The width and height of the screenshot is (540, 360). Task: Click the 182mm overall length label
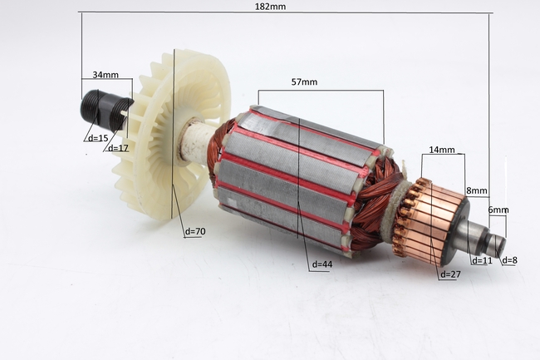click(270, 7)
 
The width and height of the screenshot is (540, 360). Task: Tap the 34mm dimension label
click(106, 75)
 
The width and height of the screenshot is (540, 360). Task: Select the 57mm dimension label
click(304, 82)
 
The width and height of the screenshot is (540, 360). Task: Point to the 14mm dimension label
click(442, 150)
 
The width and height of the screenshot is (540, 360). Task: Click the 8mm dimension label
click(477, 190)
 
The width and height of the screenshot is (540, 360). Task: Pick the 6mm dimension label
click(498, 210)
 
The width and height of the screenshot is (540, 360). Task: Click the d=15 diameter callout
click(98, 138)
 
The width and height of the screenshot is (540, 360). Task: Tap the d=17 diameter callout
click(118, 148)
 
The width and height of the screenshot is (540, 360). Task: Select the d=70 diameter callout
click(195, 231)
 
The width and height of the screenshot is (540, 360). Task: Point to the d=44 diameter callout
click(322, 264)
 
